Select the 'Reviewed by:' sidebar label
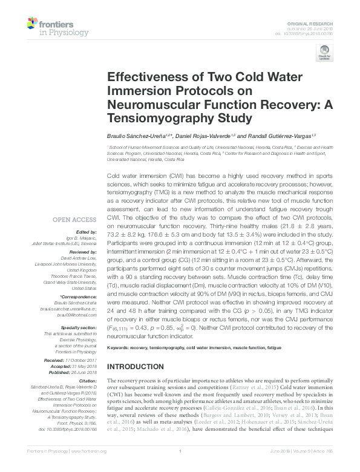click(83, 252)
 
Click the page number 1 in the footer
click(180, 451)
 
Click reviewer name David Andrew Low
click(83, 257)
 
